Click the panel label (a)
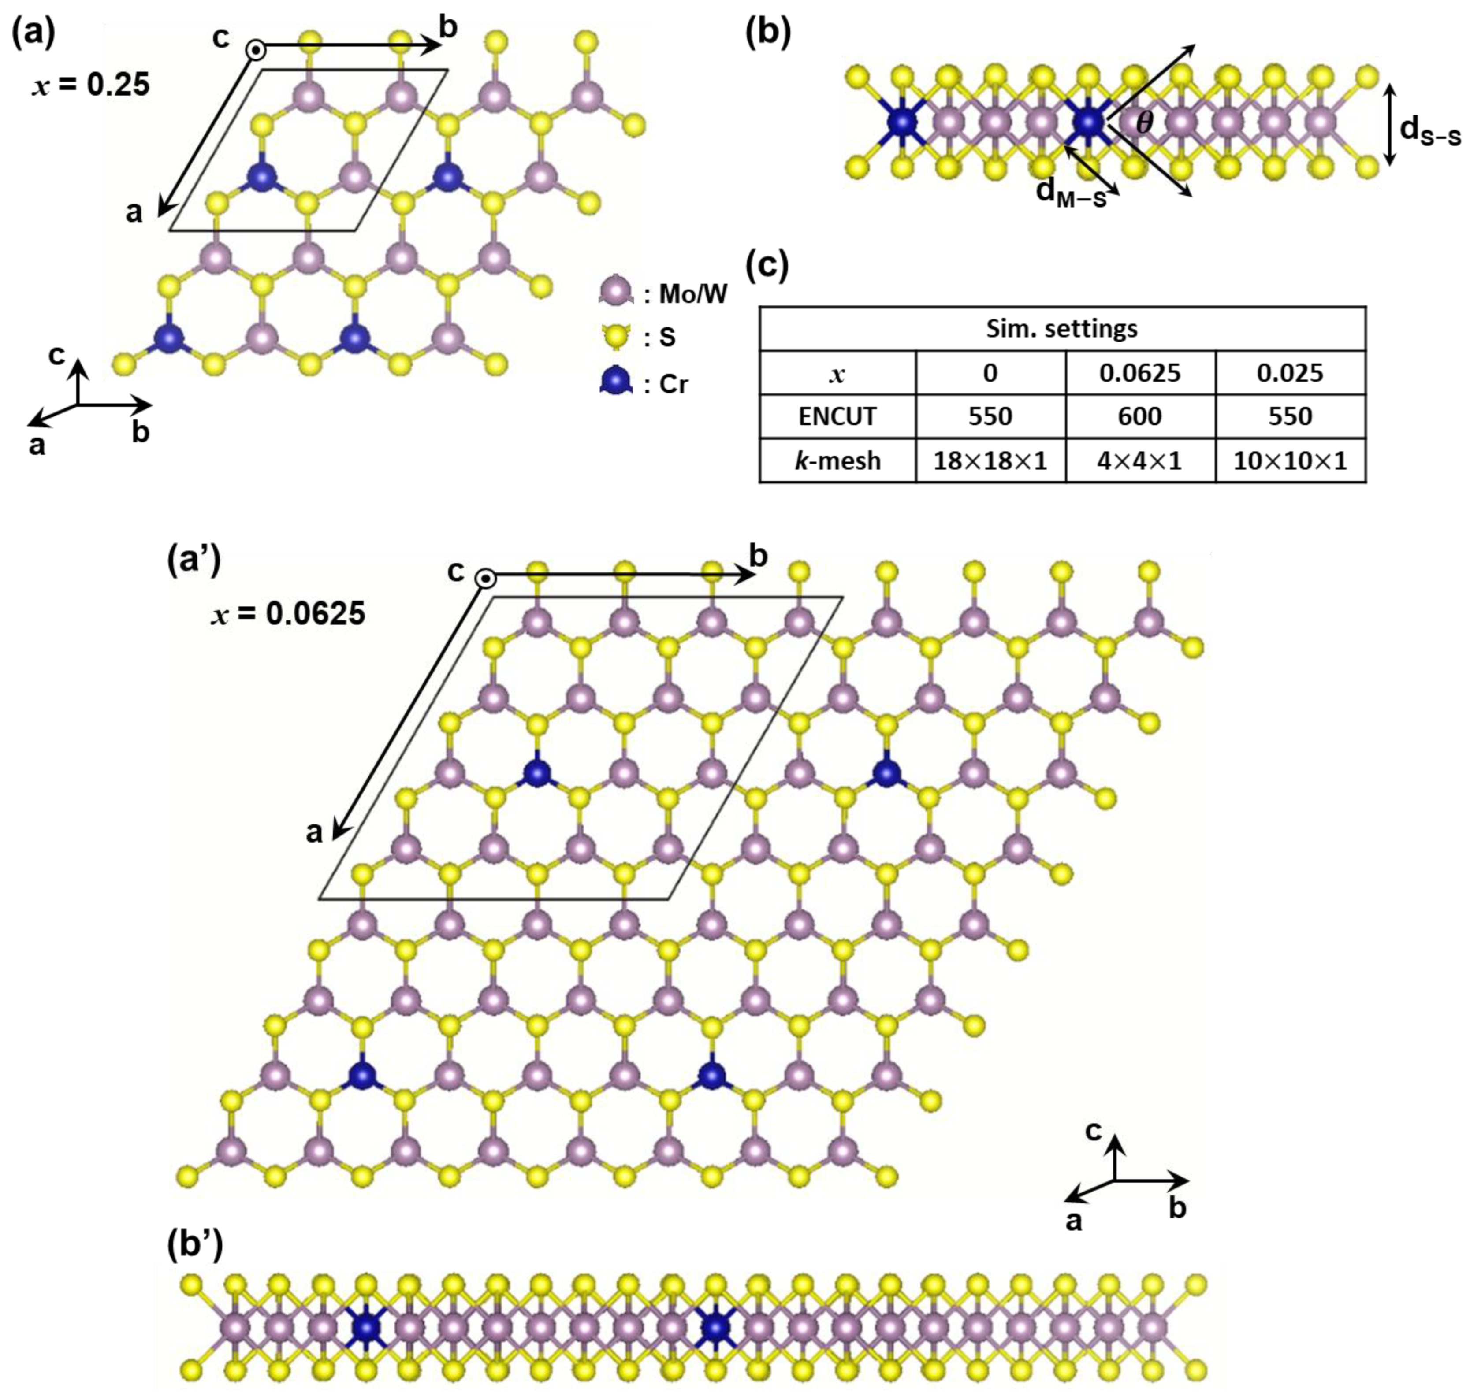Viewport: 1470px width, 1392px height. click(x=33, y=35)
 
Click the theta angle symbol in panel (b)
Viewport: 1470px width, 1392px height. click(x=1145, y=123)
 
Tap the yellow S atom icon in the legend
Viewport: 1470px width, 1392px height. click(x=615, y=338)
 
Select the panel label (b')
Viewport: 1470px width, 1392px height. click(x=192, y=1247)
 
